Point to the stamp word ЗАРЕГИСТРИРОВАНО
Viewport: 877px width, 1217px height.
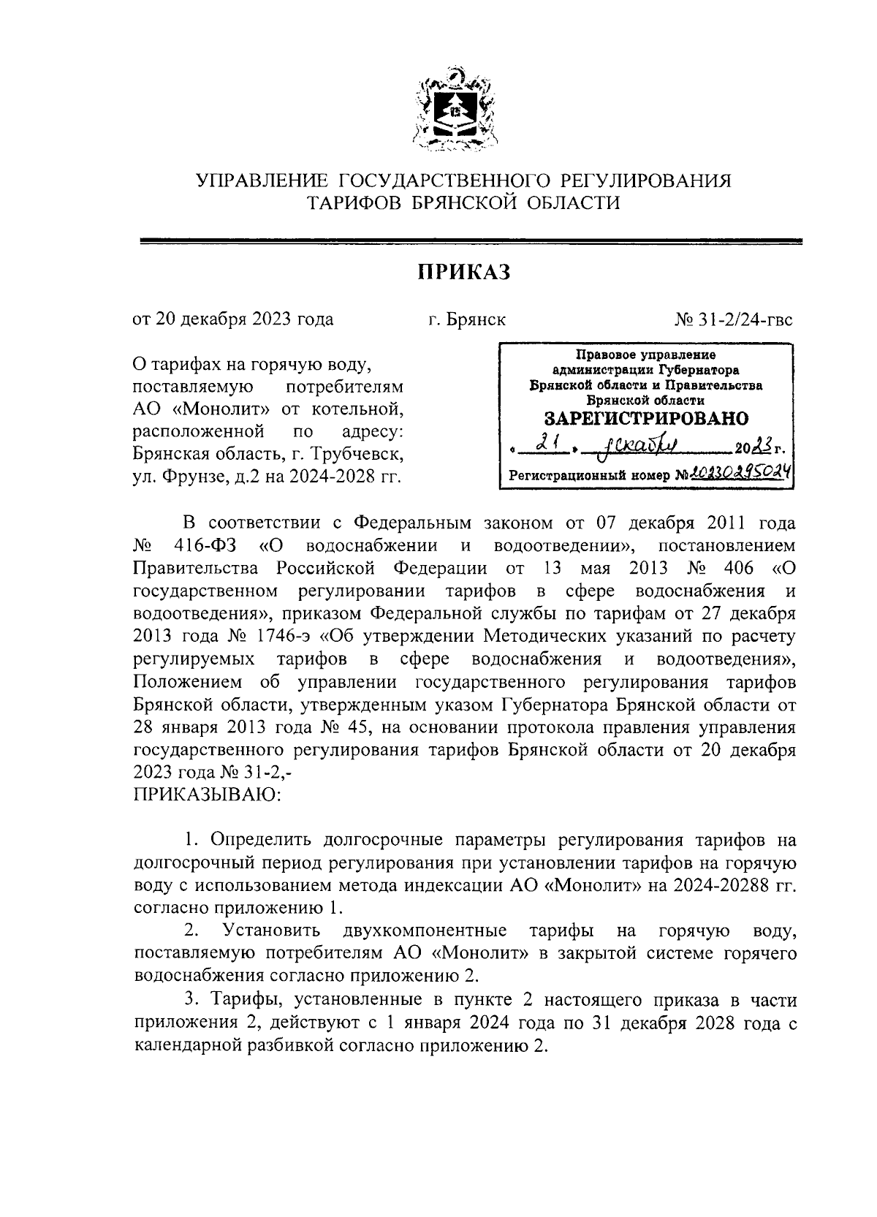pyautogui.click(x=646, y=419)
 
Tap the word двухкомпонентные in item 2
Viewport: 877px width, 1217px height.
pyautogui.click(x=424, y=930)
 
